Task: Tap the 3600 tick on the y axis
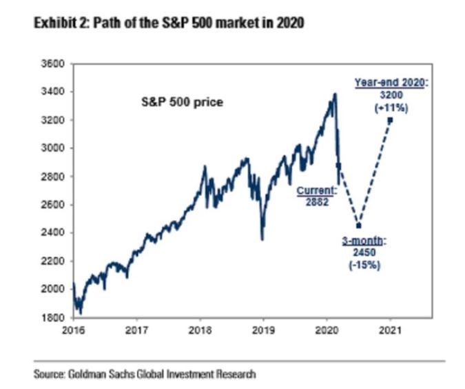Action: pyautogui.click(x=53, y=63)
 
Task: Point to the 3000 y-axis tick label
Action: pyautogui.click(x=53, y=148)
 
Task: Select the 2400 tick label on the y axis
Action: pyautogui.click(x=53, y=233)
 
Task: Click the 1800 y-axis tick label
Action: pyautogui.click(x=53, y=318)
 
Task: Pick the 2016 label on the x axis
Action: pyautogui.click(x=73, y=330)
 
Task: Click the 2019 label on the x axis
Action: pyautogui.click(x=263, y=330)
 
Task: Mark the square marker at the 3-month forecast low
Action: pyautogui.click(x=358, y=226)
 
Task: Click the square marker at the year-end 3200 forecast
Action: pyautogui.click(x=390, y=119)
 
